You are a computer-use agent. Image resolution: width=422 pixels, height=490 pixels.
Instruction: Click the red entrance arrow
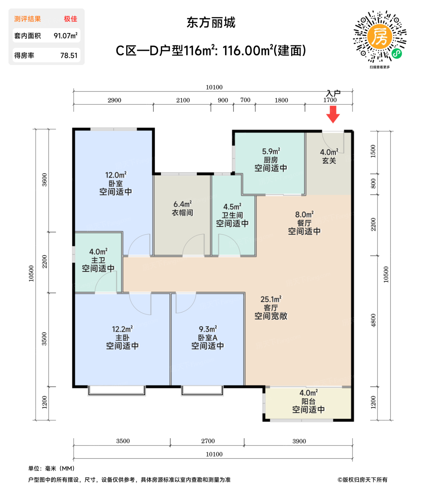coord(333,114)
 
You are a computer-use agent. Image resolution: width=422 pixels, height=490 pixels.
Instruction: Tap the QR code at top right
coord(380,36)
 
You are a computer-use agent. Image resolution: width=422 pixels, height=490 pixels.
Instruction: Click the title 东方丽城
coord(211,23)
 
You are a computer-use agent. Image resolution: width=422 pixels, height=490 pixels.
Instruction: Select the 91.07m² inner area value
coord(65,36)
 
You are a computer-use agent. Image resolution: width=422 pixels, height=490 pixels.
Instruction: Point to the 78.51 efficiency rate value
coord(69,55)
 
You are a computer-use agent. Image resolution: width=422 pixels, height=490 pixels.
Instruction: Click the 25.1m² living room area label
coord(271,299)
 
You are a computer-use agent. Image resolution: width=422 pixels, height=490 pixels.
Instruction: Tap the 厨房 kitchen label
coord(271,160)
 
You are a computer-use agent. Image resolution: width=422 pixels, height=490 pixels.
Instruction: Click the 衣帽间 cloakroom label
coord(182,212)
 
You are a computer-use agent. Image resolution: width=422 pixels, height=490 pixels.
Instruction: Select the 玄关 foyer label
coord(329,161)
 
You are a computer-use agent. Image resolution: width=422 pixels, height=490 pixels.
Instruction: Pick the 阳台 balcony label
coord(308,401)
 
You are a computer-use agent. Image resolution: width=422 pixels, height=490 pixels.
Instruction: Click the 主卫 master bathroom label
coord(98,260)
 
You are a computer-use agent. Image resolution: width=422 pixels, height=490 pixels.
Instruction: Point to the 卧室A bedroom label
coord(208,338)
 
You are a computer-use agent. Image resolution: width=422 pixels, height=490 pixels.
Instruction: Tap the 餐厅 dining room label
coord(304,223)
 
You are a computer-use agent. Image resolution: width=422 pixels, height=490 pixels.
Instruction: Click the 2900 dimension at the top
coord(114,100)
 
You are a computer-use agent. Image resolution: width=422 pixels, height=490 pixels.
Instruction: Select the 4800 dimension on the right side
coord(373,320)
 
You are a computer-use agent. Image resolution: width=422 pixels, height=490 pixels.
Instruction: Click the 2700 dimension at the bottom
coord(208,441)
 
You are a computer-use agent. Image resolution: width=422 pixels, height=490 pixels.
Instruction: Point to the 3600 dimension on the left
coord(44,180)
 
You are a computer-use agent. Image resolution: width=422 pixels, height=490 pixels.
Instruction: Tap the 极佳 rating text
coord(70,19)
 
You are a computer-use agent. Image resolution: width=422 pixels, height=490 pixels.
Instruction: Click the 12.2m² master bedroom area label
coord(122,329)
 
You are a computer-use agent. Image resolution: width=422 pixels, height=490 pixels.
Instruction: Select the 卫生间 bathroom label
coord(232,215)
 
